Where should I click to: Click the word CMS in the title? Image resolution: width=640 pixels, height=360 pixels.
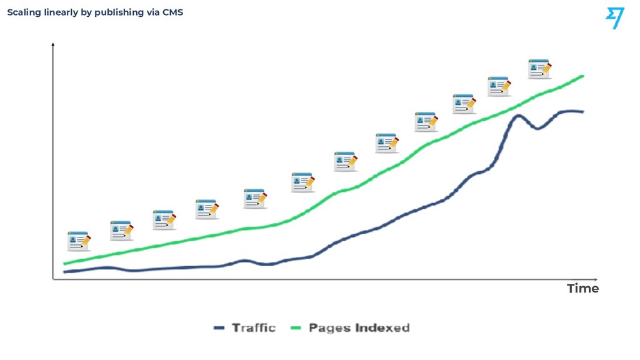coord(172,12)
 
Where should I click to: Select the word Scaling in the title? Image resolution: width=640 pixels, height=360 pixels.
coord(24,12)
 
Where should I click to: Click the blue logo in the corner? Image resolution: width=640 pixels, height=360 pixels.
coord(615,18)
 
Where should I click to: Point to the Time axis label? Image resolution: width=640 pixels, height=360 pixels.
coord(582,289)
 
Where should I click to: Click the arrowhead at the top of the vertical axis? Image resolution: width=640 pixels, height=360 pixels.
coord(52,44)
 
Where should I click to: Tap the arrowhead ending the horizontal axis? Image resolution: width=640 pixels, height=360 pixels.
coord(596,279)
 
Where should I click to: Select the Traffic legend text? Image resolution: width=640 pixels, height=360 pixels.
coord(254,327)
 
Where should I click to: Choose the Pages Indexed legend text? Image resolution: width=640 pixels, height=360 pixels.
coord(359,327)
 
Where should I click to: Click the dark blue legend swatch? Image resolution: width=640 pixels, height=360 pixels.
coord(219,327)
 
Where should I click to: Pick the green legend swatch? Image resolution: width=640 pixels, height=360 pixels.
coord(296,327)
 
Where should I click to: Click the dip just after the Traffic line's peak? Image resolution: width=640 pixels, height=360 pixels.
coord(537,128)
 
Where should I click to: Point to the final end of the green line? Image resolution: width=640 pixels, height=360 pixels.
coord(582,76)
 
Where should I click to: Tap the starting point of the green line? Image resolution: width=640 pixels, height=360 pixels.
coord(64,264)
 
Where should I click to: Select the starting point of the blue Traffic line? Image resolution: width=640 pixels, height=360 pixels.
coord(64,272)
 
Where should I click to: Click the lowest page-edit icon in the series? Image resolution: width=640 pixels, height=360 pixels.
coord(79,241)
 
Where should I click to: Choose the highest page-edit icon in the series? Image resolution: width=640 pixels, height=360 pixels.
coord(539,69)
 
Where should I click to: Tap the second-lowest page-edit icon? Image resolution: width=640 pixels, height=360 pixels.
coord(122,231)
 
